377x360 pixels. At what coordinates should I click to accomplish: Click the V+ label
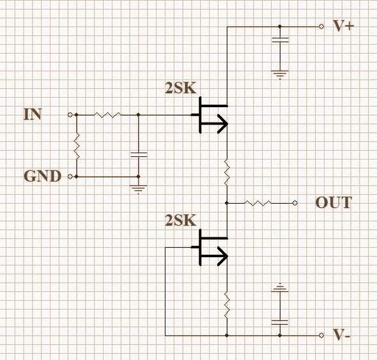coord(343,26)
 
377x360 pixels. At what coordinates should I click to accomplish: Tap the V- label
coord(341,334)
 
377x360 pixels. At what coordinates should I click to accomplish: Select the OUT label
coord(334,203)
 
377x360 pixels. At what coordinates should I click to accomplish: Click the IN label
coord(33,114)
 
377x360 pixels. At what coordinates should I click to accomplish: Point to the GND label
coord(42,176)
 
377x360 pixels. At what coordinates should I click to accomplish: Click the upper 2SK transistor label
coord(181,88)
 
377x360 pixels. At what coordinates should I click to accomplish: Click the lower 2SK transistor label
coord(181,220)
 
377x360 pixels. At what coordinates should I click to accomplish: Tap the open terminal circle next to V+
coord(321,27)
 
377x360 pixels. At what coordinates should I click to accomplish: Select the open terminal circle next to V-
coord(321,335)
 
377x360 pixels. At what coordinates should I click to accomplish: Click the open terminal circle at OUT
coord(295,203)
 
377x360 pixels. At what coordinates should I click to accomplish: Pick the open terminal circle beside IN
coord(70,115)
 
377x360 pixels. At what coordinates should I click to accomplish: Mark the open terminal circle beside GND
coord(70,177)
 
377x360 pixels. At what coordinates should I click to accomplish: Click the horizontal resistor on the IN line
coord(107,115)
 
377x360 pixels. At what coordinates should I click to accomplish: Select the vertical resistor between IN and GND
coord(77,146)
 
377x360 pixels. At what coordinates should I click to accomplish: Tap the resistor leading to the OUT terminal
coord(258,203)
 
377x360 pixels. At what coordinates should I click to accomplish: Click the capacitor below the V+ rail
coord(280,40)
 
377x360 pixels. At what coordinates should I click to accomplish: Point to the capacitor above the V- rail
coord(280,322)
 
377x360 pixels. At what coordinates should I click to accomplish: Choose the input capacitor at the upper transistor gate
coord(139,154)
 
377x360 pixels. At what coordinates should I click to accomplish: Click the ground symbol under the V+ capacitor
coord(280,75)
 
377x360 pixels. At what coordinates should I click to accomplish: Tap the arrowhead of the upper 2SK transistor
coord(222,124)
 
